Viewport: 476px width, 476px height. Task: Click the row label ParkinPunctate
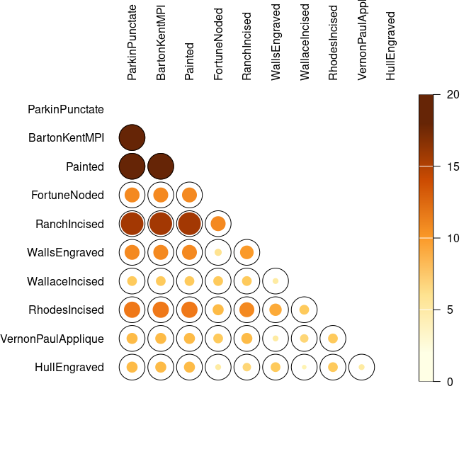click(x=66, y=110)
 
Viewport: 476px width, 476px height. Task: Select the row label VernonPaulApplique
click(x=53, y=339)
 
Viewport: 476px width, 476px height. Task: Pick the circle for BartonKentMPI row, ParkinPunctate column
click(x=132, y=138)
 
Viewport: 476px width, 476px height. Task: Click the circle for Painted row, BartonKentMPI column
click(x=161, y=166)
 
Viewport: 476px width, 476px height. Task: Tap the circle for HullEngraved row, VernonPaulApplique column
click(x=362, y=367)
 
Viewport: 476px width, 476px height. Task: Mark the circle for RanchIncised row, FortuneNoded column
click(x=218, y=224)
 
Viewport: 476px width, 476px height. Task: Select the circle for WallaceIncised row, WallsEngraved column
click(x=276, y=281)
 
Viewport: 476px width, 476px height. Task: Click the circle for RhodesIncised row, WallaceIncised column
click(x=305, y=310)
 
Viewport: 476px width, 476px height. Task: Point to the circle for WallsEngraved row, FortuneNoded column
click(x=218, y=252)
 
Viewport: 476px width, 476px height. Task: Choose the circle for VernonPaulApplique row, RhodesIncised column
click(x=333, y=339)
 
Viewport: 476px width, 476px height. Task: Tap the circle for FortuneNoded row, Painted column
click(x=189, y=195)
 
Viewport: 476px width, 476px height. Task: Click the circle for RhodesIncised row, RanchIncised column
click(x=246, y=310)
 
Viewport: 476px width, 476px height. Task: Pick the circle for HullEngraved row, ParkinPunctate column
click(x=132, y=367)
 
